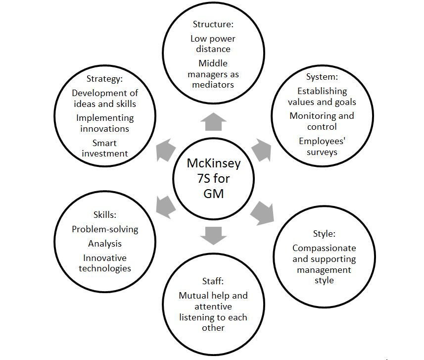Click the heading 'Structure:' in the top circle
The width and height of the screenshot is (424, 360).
(213, 24)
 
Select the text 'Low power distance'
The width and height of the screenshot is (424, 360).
(213, 44)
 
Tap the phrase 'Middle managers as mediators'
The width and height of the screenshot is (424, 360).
(213, 74)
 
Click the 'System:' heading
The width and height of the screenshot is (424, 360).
(322, 77)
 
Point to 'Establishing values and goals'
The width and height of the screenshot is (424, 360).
(322, 97)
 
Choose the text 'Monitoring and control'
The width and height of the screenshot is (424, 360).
(322, 121)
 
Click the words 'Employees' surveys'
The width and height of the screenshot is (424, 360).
(322, 146)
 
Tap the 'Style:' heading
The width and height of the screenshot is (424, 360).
(324, 234)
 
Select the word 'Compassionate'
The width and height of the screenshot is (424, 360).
(324, 248)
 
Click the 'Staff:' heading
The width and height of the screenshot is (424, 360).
(213, 281)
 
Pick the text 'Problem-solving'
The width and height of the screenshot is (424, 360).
(105, 229)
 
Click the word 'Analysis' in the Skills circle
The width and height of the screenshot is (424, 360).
(105, 244)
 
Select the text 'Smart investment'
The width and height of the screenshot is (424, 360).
(105, 148)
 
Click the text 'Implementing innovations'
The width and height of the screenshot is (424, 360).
(105, 123)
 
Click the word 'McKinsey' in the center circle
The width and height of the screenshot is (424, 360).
(213, 163)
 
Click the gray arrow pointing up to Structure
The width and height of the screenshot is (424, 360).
(213, 120)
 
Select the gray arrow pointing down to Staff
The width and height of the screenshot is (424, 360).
(213, 235)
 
